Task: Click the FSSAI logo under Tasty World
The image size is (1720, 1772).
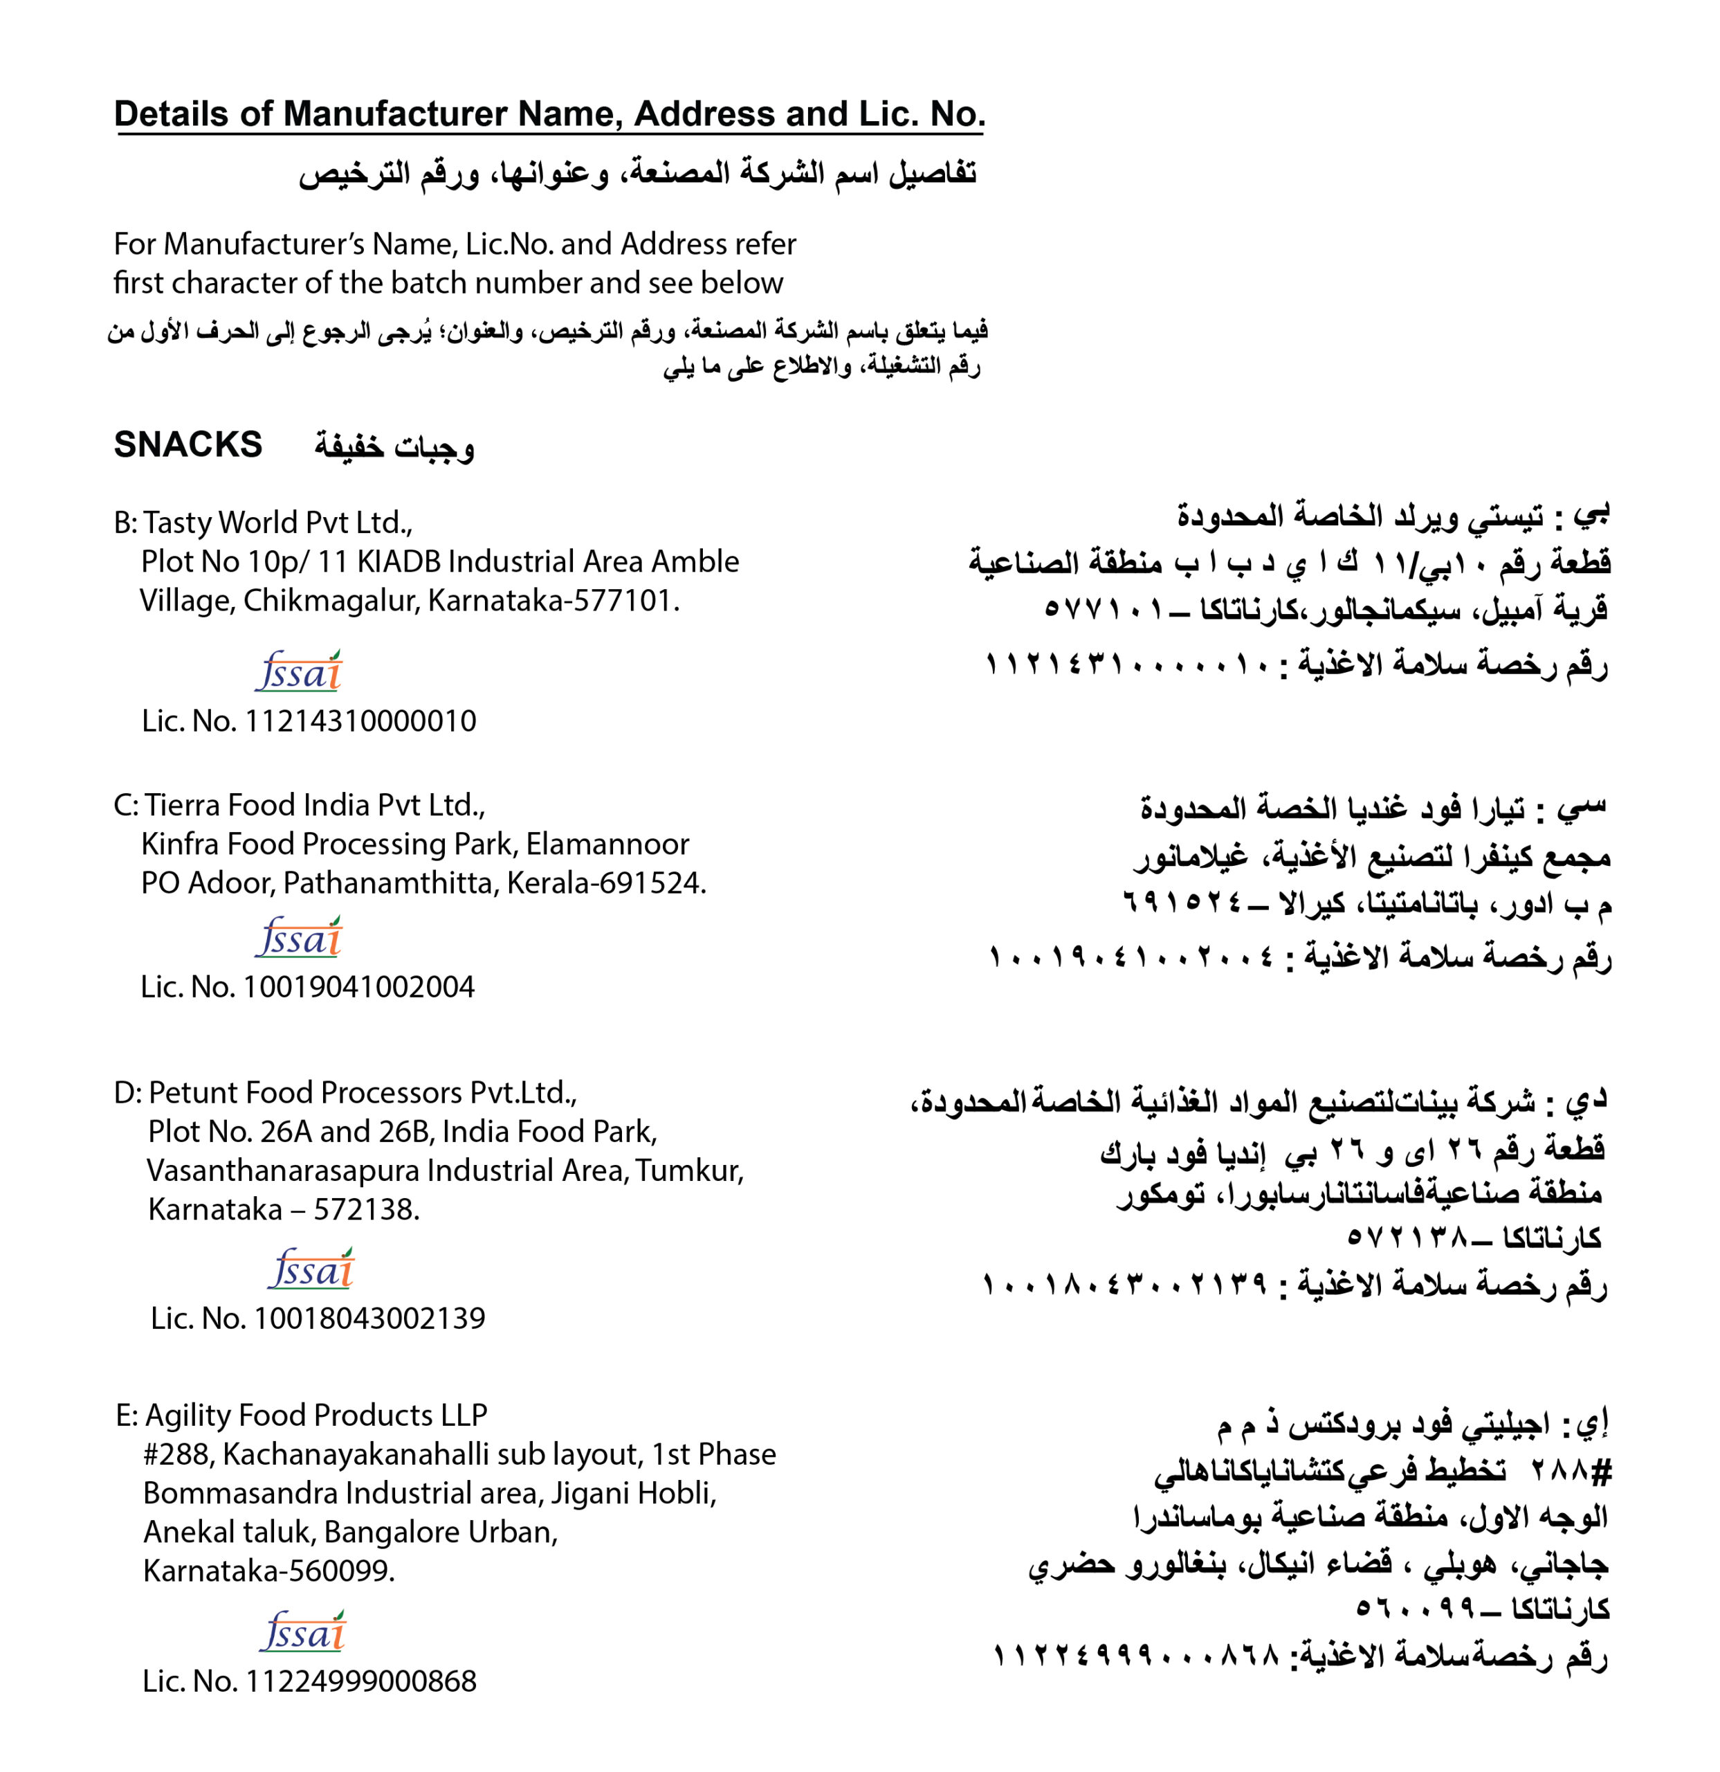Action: coord(299,671)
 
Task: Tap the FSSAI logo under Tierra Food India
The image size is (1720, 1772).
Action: coord(299,937)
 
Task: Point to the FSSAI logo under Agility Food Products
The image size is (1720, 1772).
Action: coord(303,1632)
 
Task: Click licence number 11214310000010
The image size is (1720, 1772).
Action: coord(360,721)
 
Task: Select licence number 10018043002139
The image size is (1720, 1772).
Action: coord(369,1318)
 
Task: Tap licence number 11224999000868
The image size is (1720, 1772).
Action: coord(360,1681)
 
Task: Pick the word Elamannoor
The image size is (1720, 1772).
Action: coord(607,844)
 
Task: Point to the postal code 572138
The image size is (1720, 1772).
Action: coord(365,1210)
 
